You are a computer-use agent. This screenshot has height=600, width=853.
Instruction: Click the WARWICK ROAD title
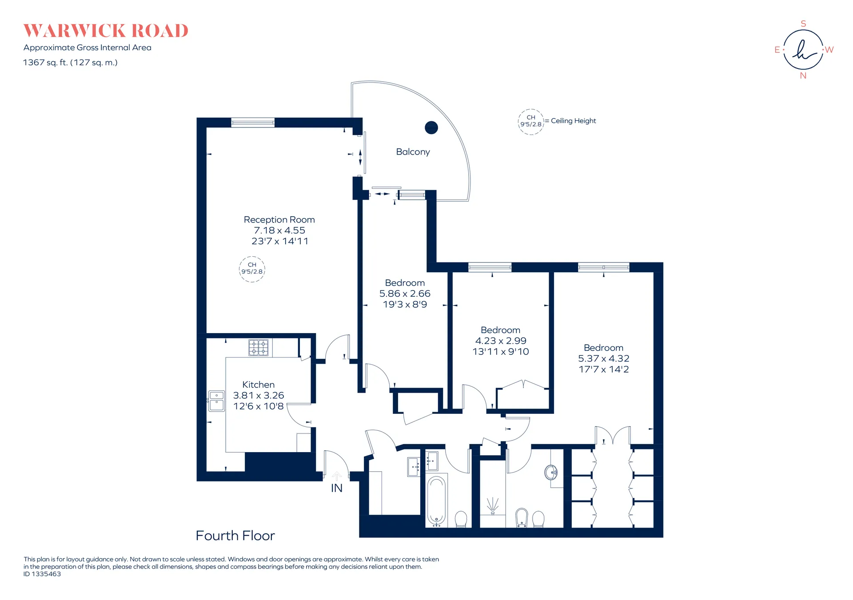[x=106, y=31]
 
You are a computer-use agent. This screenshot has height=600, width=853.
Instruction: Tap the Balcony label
[x=413, y=152]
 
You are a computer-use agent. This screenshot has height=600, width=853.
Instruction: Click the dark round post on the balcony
[x=431, y=128]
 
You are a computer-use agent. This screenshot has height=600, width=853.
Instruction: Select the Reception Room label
[x=279, y=219]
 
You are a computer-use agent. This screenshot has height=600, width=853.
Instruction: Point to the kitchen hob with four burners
[x=258, y=347]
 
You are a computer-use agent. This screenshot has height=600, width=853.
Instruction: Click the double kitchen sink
[x=217, y=401]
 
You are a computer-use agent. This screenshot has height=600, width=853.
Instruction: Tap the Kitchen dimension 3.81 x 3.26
[x=259, y=395]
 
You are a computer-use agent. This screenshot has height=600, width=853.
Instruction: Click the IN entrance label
[x=337, y=488]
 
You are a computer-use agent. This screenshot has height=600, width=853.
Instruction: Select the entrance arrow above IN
[x=337, y=476]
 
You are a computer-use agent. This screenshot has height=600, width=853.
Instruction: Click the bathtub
[x=437, y=501]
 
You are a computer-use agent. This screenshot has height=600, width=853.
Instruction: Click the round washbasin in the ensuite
[x=551, y=472]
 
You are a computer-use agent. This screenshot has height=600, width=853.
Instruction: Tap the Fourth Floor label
[x=235, y=536]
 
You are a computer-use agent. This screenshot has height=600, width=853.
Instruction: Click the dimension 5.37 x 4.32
[x=604, y=358]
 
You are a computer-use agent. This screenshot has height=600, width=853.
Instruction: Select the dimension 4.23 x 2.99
[x=501, y=341]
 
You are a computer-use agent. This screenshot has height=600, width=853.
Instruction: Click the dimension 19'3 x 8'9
[x=405, y=304]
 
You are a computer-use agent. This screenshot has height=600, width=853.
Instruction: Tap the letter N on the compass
[x=803, y=76]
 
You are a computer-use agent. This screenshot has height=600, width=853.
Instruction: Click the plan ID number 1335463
[x=46, y=574]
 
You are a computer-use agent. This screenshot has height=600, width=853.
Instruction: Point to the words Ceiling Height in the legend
[x=574, y=121]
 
